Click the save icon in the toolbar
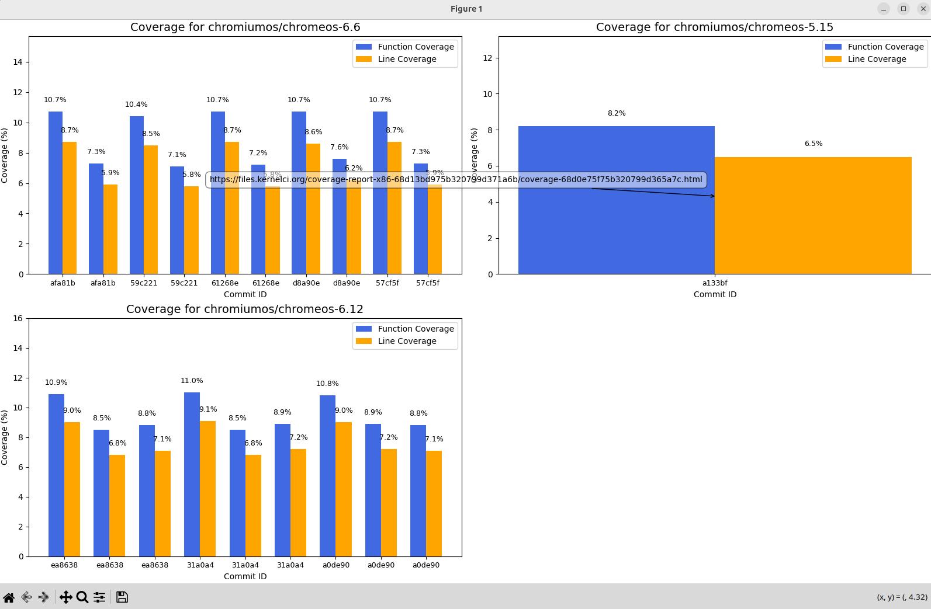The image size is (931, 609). (x=122, y=597)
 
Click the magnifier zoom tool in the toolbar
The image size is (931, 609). (x=82, y=597)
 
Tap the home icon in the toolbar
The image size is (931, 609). (x=9, y=597)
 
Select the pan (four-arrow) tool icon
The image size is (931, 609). (x=65, y=597)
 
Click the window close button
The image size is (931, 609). (x=923, y=9)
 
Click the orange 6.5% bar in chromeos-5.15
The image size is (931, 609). (x=813, y=234)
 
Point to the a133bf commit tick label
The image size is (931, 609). (x=715, y=283)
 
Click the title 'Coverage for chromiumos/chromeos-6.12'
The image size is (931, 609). (x=245, y=309)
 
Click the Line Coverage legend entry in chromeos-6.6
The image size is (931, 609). (x=407, y=59)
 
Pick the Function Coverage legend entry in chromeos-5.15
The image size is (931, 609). (x=885, y=47)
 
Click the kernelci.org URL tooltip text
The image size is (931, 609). (x=456, y=179)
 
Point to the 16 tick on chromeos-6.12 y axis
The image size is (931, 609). (x=17, y=318)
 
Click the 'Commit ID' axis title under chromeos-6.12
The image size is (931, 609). (x=245, y=576)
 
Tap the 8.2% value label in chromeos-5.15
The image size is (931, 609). (x=616, y=113)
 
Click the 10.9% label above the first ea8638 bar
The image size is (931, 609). (x=56, y=382)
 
